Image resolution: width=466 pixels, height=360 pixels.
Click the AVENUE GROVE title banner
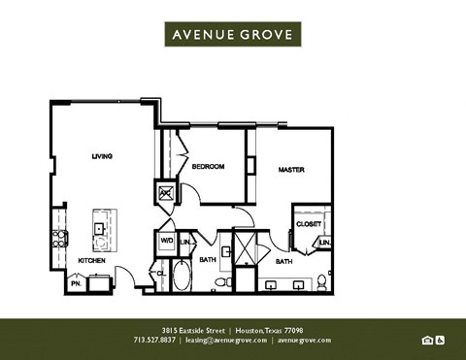pyautogui.click(x=233, y=34)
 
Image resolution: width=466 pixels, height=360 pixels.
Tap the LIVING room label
pyautogui.click(x=102, y=156)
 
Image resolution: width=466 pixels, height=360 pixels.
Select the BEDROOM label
pyautogui.click(x=208, y=167)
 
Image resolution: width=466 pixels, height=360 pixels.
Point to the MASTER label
pyautogui.click(x=291, y=170)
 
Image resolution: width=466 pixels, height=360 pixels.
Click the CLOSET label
pyautogui.click(x=309, y=224)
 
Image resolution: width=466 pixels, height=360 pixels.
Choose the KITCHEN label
pyautogui.click(x=91, y=261)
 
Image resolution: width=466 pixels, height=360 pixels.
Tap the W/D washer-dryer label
pyautogui.click(x=164, y=241)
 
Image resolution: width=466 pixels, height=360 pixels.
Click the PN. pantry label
pyautogui.click(x=75, y=284)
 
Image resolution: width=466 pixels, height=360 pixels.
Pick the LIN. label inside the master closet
pyautogui.click(x=325, y=242)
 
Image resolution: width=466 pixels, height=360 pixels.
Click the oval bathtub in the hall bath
pyautogui.click(x=182, y=276)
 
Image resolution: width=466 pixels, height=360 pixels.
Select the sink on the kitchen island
pyautogui.click(x=100, y=229)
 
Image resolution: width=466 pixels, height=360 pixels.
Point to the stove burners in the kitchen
pyautogui.click(x=59, y=236)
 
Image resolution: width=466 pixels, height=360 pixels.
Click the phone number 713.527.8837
pyautogui.click(x=155, y=341)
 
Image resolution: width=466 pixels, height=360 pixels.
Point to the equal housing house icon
pyautogui.click(x=427, y=340)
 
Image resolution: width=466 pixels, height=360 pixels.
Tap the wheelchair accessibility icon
pyautogui.click(x=440, y=340)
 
